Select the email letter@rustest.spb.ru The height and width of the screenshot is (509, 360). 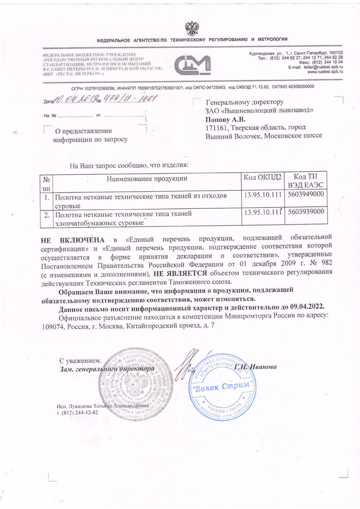tap(324, 67)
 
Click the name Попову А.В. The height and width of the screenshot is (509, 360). tap(225, 120)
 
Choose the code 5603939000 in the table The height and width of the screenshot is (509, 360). tap(306, 212)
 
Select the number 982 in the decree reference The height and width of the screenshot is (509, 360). tap(324, 264)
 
